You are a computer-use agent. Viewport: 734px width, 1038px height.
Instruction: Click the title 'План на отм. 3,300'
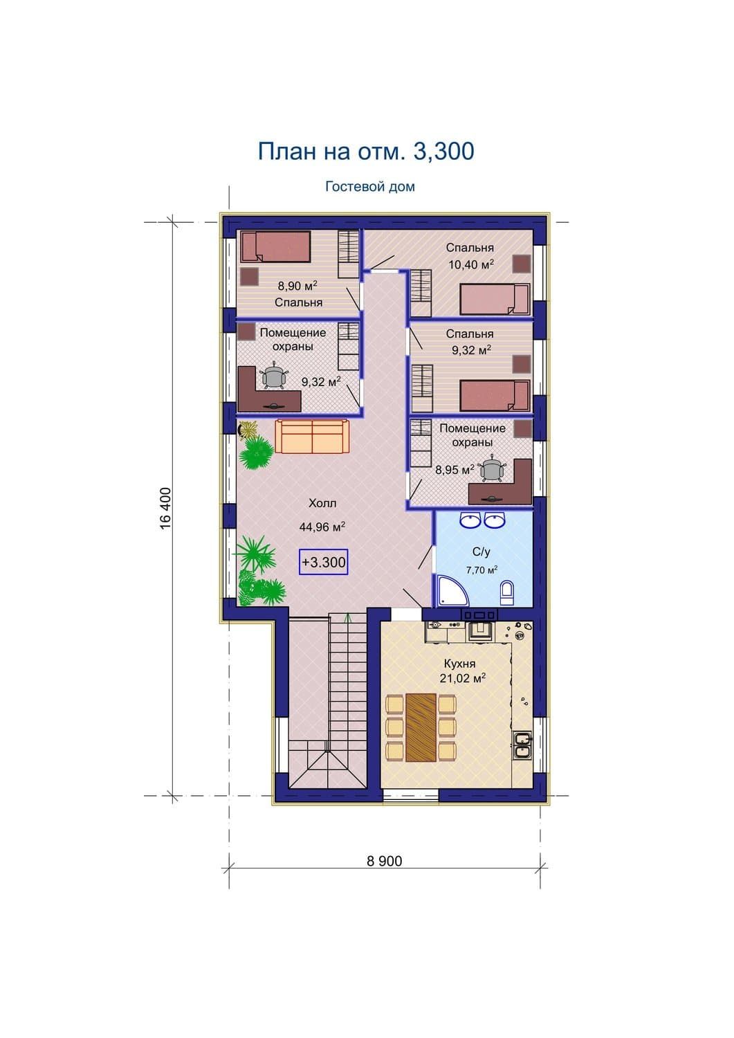365,152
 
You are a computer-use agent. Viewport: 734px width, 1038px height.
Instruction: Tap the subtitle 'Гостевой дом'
370,187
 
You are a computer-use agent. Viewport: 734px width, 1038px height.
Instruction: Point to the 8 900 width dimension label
384,861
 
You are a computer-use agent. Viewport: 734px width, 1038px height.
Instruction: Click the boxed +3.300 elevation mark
324,562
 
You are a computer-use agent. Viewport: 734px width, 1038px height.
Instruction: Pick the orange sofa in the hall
312,436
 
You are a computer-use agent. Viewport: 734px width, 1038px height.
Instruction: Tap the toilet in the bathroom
507,594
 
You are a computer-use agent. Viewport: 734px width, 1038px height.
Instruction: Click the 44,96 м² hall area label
322,527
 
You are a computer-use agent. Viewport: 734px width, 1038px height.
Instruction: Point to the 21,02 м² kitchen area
462,678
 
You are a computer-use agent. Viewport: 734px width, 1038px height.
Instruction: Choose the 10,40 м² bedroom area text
471,264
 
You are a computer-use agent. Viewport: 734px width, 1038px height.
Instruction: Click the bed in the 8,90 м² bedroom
275,247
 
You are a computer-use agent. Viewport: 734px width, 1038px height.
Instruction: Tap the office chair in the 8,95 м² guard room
492,470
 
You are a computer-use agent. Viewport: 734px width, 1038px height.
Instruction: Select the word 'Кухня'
459,664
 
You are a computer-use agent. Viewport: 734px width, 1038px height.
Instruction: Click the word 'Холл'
322,503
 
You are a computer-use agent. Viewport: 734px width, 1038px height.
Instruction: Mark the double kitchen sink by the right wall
522,746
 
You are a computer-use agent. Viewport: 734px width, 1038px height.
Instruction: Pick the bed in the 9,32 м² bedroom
495,396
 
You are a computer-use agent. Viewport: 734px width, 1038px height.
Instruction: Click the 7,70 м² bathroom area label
482,570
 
